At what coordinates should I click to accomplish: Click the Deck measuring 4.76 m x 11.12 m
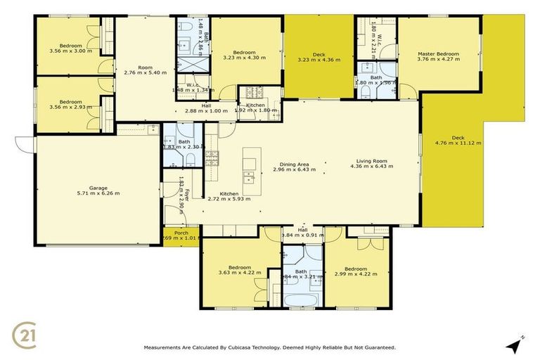pyautogui.click(x=458, y=141)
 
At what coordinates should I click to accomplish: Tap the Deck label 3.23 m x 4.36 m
pyautogui.click(x=319, y=56)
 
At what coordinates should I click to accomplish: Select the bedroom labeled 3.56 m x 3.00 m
pyautogui.click(x=70, y=48)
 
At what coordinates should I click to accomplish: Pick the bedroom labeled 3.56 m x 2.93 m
pyautogui.click(x=70, y=105)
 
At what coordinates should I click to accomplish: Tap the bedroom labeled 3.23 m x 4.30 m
pyautogui.click(x=244, y=55)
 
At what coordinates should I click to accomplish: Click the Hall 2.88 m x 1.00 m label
pyautogui.click(x=206, y=108)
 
